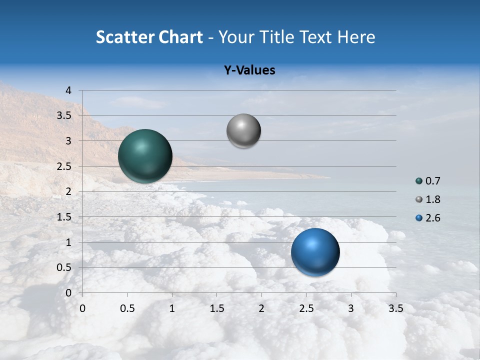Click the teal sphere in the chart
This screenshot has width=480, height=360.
(145, 156)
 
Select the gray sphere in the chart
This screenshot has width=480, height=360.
(243, 131)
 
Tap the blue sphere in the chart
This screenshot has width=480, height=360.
(315, 252)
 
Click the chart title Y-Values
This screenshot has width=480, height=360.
(249, 70)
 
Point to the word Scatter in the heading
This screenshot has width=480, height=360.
(125, 37)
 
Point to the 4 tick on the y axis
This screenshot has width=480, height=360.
(68, 90)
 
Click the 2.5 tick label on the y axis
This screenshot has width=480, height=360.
(64, 166)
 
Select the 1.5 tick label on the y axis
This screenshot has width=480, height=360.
(64, 217)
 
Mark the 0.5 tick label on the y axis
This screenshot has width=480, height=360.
(64, 268)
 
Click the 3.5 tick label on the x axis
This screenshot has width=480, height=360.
(395, 308)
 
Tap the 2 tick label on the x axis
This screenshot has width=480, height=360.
(261, 308)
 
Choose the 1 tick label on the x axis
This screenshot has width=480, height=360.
(172, 308)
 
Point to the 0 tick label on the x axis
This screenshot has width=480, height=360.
(82, 308)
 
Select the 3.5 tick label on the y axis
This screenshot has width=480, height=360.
(64, 116)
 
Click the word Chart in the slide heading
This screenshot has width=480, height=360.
(181, 37)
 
